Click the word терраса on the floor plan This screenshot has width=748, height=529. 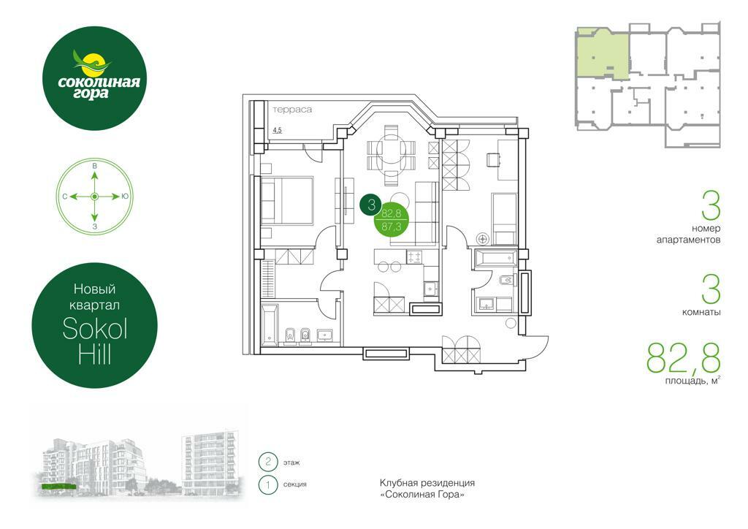[x=292, y=110]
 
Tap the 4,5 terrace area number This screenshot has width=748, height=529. [x=277, y=130]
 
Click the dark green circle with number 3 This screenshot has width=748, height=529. [x=372, y=205]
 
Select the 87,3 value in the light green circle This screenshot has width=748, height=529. [x=392, y=227]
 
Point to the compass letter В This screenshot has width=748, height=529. [x=94, y=166]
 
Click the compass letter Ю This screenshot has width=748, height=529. [x=125, y=197]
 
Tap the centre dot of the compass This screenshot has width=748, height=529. [x=94, y=197]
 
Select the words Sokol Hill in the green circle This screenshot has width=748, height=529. [x=95, y=340]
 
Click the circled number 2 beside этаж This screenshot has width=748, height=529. [x=268, y=462]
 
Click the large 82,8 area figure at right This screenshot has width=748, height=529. [x=683, y=358]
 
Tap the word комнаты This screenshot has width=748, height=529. [x=701, y=313]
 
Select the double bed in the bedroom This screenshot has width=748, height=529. [x=287, y=200]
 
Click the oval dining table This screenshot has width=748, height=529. [x=391, y=156]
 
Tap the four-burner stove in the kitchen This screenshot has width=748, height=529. [x=414, y=258]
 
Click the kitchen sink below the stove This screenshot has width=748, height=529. [x=431, y=289]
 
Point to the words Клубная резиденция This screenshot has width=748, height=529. [x=427, y=483]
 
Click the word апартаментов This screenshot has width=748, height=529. [x=688, y=240]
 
